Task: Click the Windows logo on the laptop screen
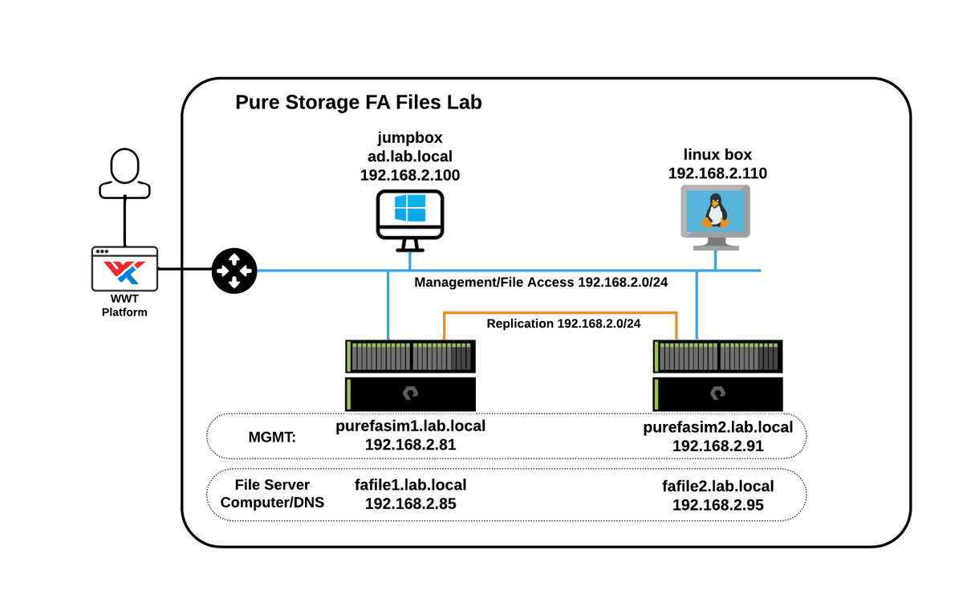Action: coord(409,208)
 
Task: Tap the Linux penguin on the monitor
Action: coord(715,210)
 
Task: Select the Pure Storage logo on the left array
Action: coord(410,394)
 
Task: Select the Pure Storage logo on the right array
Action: coord(717,394)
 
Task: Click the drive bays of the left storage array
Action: coord(410,357)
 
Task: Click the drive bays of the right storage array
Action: coord(717,357)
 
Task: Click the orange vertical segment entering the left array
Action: coord(443,324)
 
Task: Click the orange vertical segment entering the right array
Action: coord(677,324)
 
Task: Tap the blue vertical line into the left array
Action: coord(388,305)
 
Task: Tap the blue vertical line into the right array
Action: coord(697,305)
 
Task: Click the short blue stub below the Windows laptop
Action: coord(409,260)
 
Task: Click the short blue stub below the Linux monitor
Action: coord(715,260)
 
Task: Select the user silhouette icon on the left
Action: coord(124,173)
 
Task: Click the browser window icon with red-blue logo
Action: coord(124,268)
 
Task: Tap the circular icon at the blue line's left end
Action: coord(234,271)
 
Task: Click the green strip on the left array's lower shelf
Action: coord(349,393)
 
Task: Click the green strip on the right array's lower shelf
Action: coord(657,393)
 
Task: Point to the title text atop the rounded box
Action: coord(361,103)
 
